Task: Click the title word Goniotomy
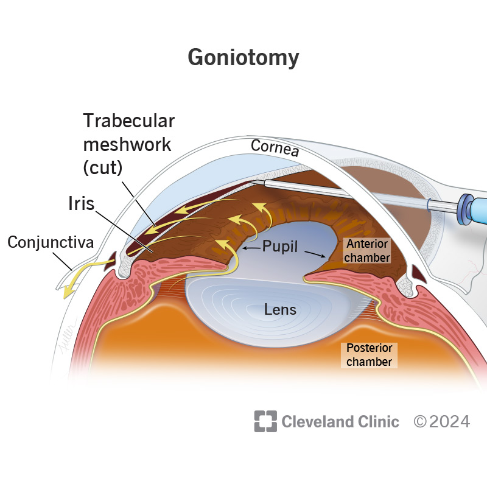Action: coord(243,58)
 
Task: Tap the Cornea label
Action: coord(275,147)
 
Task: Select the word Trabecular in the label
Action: coord(129,121)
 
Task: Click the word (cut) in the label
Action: coord(103,168)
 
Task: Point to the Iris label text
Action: coord(82,204)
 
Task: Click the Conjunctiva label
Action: coord(51,242)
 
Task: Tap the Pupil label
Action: coord(280,247)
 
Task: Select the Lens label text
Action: coord(280,310)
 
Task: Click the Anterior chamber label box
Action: coord(367,251)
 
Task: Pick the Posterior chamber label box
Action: coord(369,355)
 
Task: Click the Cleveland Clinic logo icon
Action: coord(265,421)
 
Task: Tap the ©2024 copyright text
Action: coord(442,422)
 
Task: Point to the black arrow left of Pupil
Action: coord(251,248)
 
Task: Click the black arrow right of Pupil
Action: coord(315,254)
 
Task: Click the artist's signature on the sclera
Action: coord(69,337)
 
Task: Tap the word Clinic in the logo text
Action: coord(378,422)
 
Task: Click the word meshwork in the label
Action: coord(127,145)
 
